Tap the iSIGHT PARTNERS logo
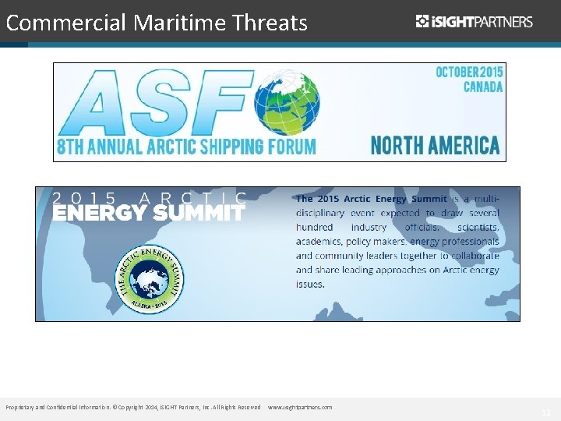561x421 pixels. pos(474,21)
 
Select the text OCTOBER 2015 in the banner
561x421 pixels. pos(469,72)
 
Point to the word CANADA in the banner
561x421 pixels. pos(483,87)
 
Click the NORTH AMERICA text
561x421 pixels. pos(435,144)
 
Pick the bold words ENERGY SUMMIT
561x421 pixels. pos(148,213)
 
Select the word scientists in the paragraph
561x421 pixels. pos(478,227)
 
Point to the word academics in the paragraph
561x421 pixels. pos(323,242)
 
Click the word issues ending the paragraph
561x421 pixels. pos(310,285)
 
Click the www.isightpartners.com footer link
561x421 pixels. pos(300,407)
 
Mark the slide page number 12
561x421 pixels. pos(545,412)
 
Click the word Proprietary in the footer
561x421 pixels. pos(20,407)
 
